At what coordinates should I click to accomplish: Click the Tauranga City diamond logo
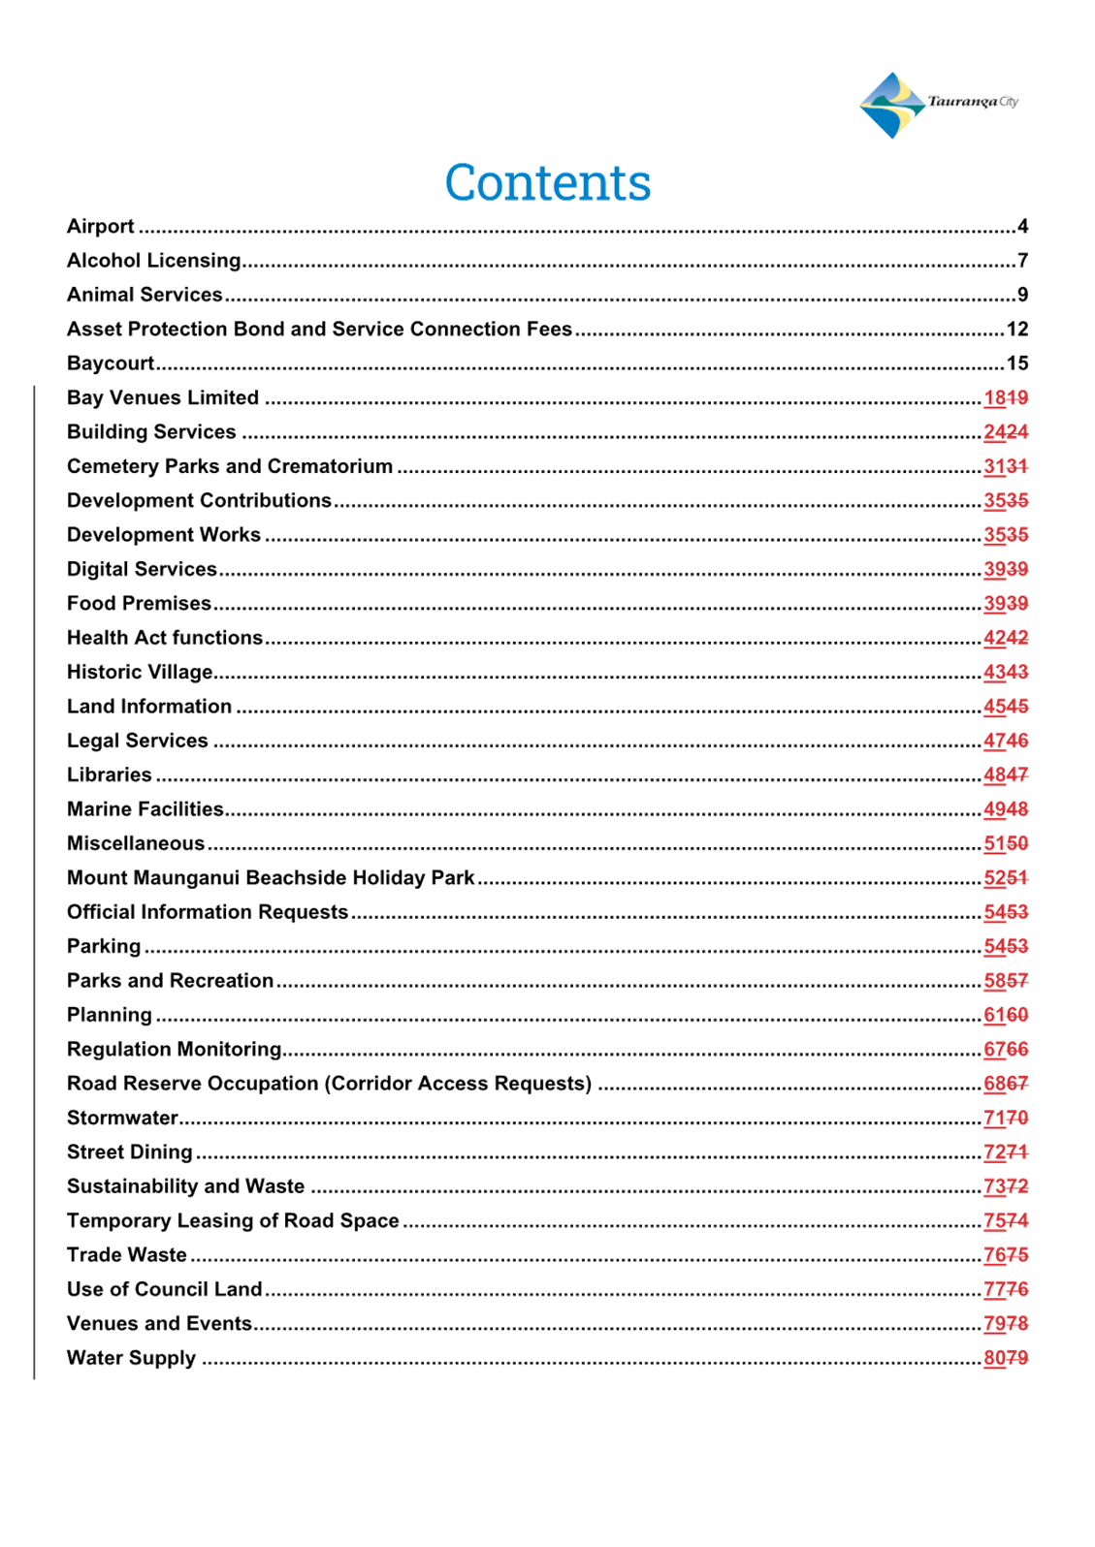point(892,105)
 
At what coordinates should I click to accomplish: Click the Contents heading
point(547,182)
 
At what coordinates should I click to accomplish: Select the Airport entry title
point(100,226)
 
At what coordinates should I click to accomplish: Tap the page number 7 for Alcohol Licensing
point(1022,261)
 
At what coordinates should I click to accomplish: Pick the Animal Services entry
point(145,295)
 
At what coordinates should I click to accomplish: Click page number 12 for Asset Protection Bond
point(1017,329)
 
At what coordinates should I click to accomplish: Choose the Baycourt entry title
point(111,363)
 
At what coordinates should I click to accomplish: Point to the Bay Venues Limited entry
point(162,397)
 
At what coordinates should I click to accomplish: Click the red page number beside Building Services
point(1006,431)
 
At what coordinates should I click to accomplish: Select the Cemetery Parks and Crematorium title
point(229,466)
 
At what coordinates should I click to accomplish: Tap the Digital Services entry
point(142,569)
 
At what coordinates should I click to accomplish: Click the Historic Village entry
point(140,672)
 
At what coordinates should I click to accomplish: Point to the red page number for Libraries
point(1006,774)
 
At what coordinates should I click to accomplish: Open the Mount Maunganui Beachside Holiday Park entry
point(271,878)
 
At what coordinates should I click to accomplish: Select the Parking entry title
point(104,946)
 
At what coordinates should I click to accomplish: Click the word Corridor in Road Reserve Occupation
point(371,1083)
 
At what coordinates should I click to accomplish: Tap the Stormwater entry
point(122,1118)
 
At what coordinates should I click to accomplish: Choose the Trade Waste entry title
point(126,1255)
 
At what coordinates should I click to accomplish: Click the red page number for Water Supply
point(1006,1358)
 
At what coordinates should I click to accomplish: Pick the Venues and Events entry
point(159,1323)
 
